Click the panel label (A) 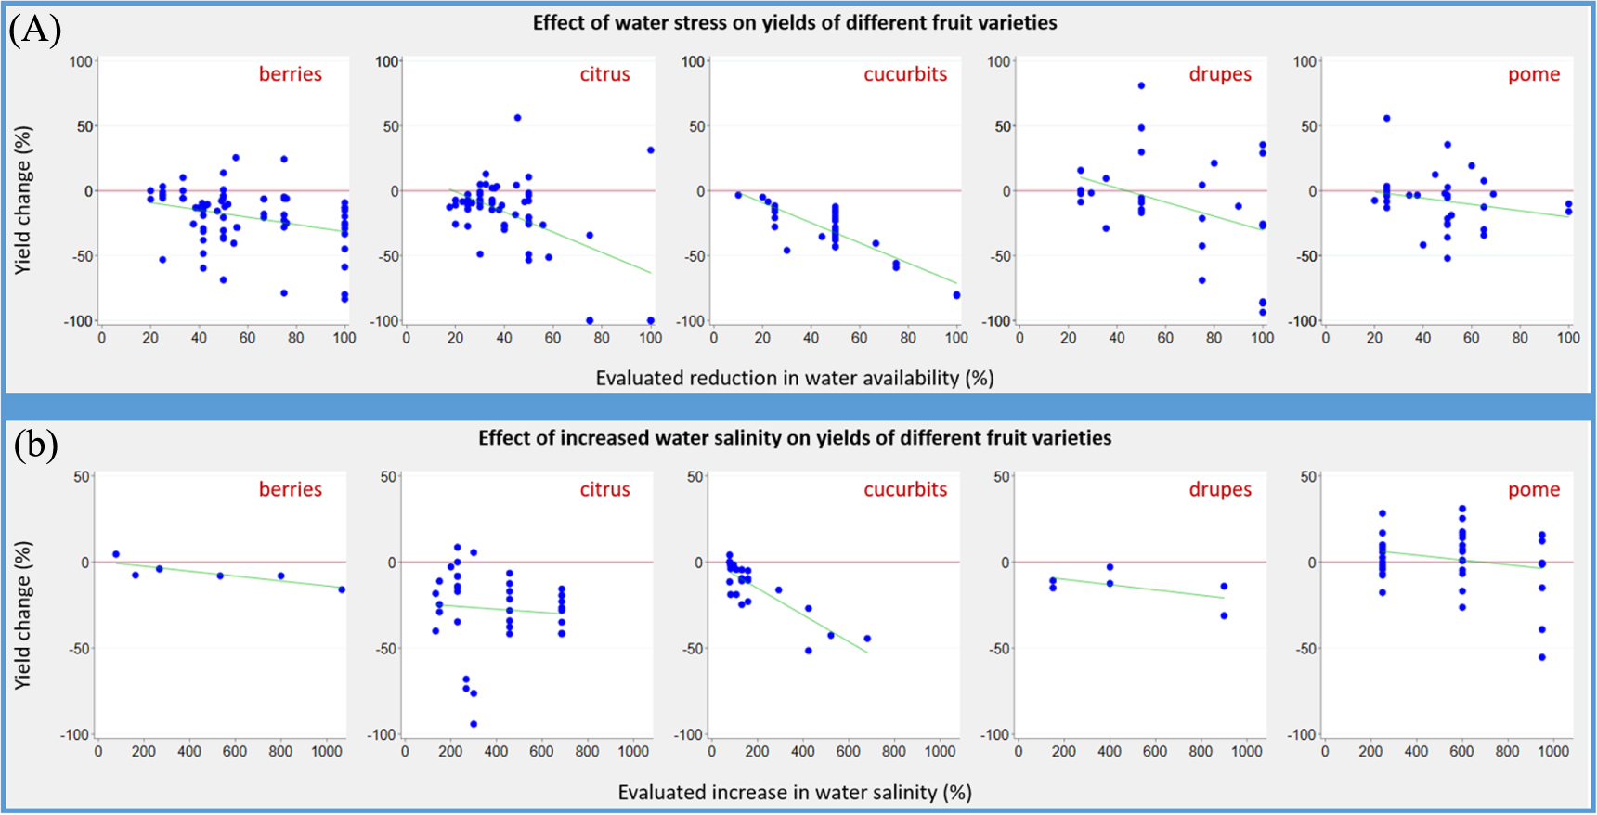35,30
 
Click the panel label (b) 35,446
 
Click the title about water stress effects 795,23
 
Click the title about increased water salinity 795,438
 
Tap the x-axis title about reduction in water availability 795,378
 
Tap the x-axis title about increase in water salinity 795,793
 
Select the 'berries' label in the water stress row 291,74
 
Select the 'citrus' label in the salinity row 604,489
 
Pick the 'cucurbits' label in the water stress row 905,74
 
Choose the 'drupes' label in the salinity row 1220,489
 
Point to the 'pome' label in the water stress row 1534,74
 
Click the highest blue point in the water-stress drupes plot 1141,85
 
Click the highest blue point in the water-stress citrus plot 517,118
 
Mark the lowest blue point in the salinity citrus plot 474,724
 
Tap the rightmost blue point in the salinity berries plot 342,589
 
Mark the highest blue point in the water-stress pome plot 1386,118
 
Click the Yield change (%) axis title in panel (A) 22,200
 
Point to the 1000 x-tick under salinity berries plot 327,752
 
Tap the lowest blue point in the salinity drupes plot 1224,615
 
